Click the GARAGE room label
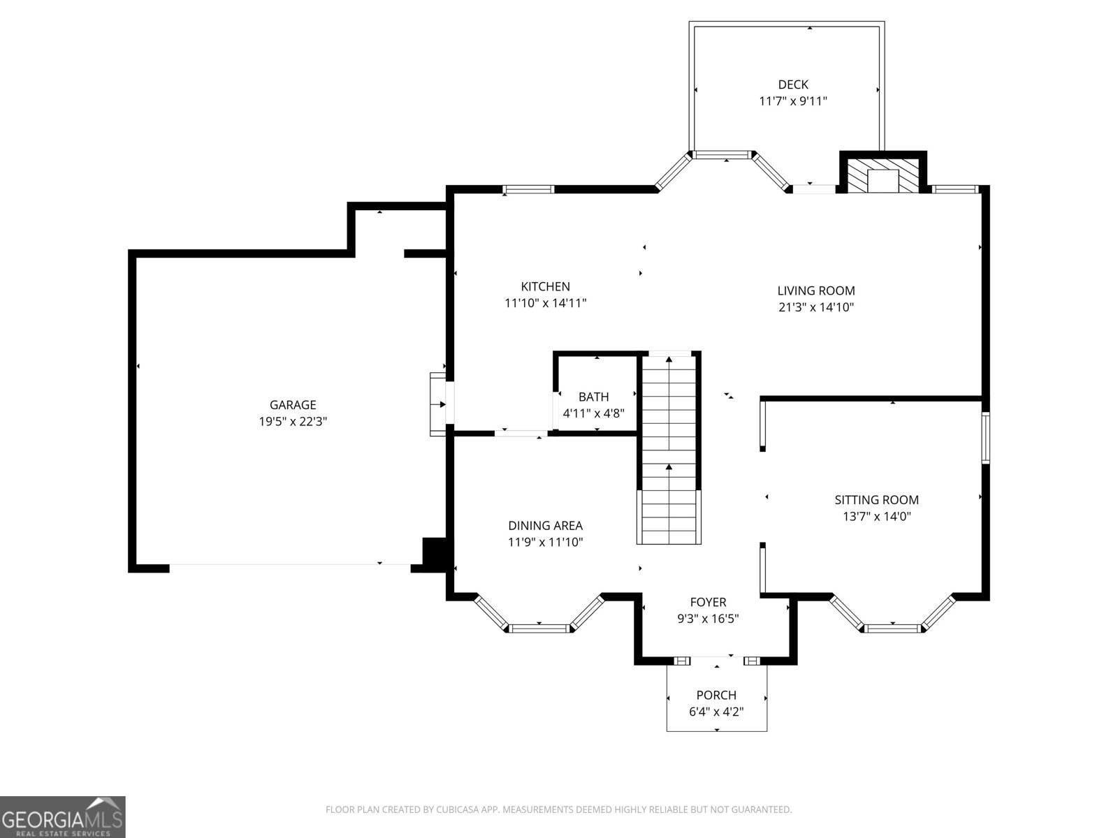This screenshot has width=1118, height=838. click(293, 405)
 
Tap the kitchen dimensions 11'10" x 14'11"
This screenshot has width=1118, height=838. click(545, 303)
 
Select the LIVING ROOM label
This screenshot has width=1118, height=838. click(815, 291)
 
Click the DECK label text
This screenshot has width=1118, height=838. click(793, 84)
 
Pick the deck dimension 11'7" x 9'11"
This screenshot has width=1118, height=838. click(793, 101)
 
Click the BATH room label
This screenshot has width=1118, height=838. click(593, 397)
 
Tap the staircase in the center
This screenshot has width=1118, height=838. click(669, 450)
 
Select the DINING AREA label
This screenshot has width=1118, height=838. click(545, 526)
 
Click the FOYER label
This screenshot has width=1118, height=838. click(708, 602)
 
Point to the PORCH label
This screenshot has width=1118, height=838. click(716, 695)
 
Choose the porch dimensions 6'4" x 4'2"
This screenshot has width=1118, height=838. click(716, 712)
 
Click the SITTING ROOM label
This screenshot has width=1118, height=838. click(876, 500)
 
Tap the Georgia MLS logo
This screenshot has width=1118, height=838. click(62, 817)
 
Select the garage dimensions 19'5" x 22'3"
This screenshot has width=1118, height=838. click(293, 422)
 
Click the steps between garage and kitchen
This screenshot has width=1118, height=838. click(438, 404)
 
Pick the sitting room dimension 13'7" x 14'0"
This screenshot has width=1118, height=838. click(876, 517)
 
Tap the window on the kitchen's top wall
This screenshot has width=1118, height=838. click(529, 189)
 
